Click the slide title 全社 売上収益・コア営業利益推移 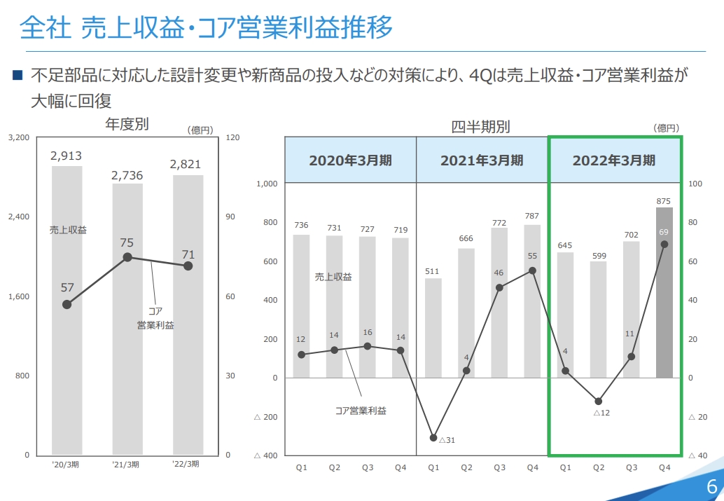click(x=206, y=28)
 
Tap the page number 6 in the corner click(x=711, y=486)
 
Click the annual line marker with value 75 click(x=127, y=257)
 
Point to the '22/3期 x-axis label click(x=186, y=465)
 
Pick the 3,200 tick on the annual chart click(x=18, y=138)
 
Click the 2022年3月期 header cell click(x=614, y=160)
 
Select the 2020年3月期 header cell click(x=350, y=160)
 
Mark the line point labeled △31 click(x=433, y=437)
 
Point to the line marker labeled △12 click(x=598, y=402)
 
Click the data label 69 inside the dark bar click(x=664, y=231)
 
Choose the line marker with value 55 click(x=532, y=270)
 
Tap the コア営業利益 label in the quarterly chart click(x=361, y=411)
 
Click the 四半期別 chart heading click(x=480, y=127)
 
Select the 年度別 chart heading click(x=127, y=124)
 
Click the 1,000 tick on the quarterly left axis click(x=267, y=184)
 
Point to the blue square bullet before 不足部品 click(x=18, y=74)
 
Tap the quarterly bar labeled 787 click(x=532, y=301)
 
